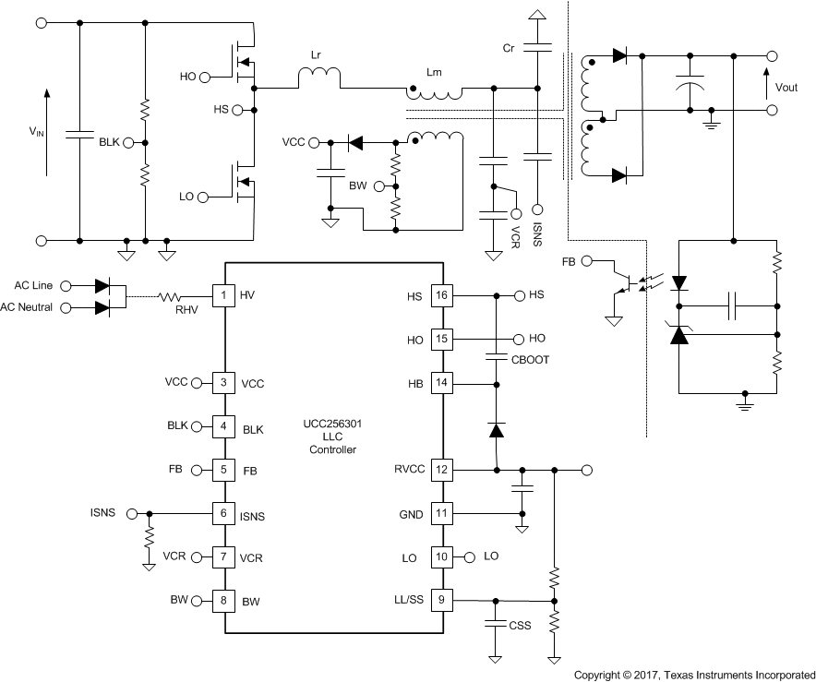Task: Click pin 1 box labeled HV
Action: (223, 295)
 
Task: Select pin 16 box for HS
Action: (442, 295)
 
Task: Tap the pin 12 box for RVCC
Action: (442, 470)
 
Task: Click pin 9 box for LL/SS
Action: (442, 600)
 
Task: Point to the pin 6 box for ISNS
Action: (223, 513)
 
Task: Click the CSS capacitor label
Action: (520, 626)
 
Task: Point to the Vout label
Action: (786, 88)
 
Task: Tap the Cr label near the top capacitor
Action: (509, 47)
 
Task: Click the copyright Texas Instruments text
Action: (694, 675)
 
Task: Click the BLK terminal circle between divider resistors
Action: (128, 143)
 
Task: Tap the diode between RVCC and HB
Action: (496, 429)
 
